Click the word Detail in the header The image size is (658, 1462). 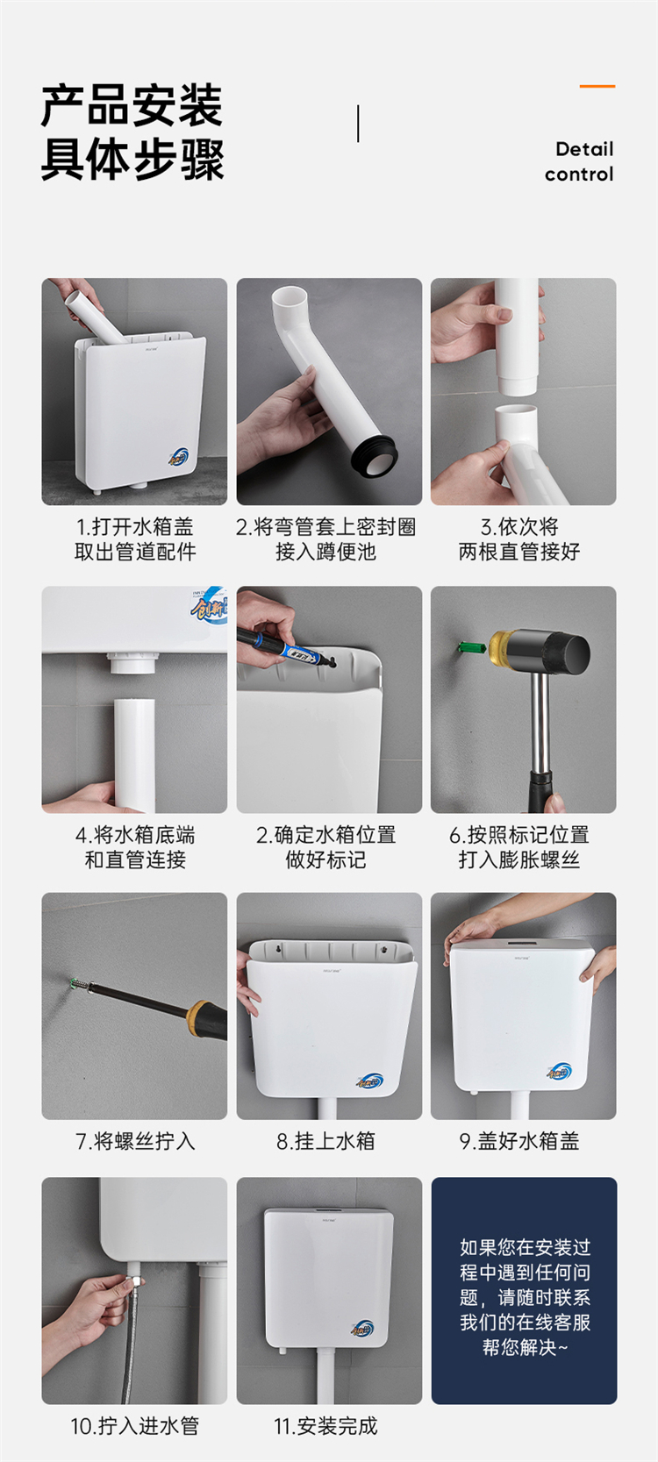tap(584, 149)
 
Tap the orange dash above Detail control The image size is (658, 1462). tap(597, 86)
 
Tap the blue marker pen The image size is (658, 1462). tap(286, 647)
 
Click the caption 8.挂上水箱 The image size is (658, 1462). tap(325, 1141)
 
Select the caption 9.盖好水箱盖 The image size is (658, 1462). tap(519, 1141)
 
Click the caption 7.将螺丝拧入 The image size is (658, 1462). tap(135, 1141)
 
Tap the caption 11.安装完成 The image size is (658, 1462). tap(325, 1426)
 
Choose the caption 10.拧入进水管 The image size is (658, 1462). tap(134, 1426)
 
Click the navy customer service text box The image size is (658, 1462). tap(524, 1290)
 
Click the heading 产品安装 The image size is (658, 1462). tap(132, 106)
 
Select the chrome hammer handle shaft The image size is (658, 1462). tap(540, 724)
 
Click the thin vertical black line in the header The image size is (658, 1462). tap(358, 124)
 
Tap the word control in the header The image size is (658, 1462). tap(579, 175)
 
